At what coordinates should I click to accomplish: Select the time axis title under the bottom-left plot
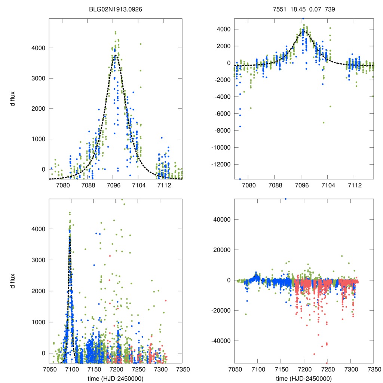[116, 378]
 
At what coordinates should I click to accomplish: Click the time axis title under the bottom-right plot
[304, 378]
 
